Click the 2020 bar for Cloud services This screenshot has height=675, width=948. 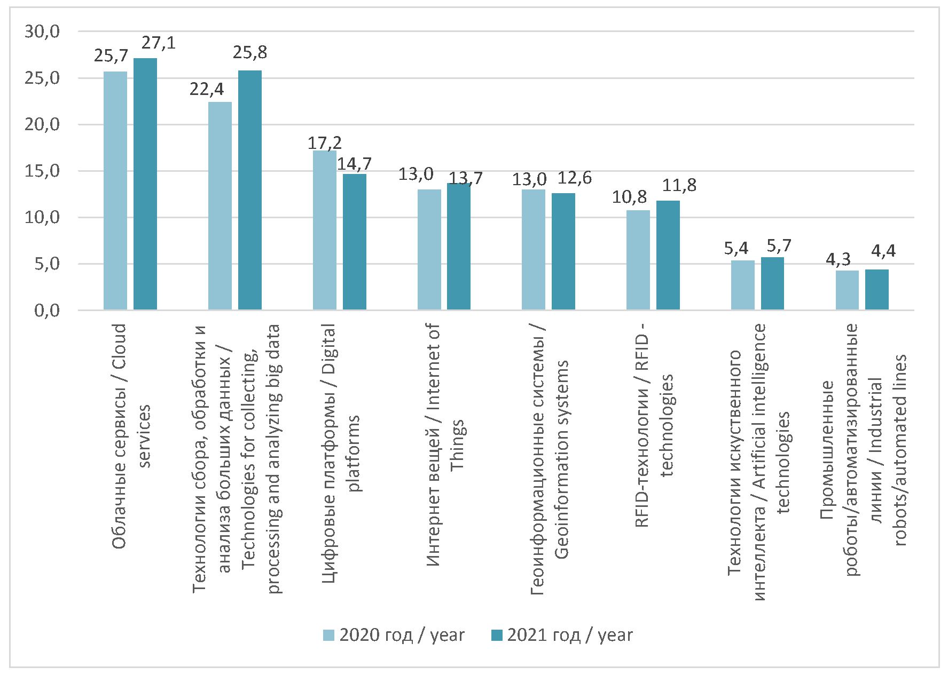115,190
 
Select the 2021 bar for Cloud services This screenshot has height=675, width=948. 145,184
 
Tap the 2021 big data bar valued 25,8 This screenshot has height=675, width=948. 250,190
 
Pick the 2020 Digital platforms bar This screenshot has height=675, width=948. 325,230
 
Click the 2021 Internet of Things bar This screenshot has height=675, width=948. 459,247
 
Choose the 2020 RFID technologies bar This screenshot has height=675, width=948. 638,260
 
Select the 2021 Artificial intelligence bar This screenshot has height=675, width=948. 772,283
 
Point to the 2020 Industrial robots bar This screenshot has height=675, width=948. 847,290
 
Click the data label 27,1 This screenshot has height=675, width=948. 159,43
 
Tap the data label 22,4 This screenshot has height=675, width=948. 207,89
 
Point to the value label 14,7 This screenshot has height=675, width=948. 354,164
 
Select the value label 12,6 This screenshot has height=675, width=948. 575,178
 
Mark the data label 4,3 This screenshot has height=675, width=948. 838,260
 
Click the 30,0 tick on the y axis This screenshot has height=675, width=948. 42,32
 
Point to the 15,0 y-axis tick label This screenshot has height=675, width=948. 42,171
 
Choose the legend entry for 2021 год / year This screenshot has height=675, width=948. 562,635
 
